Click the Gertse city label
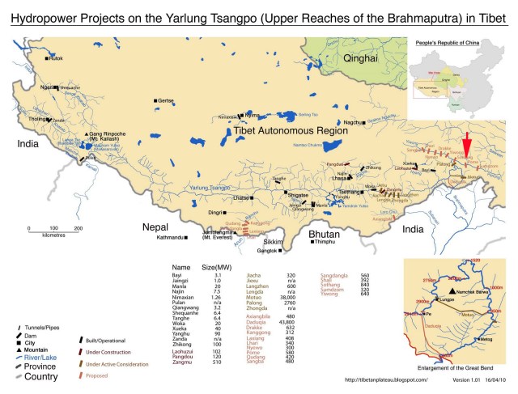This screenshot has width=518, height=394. tap(165, 100)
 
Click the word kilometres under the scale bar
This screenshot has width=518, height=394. tap(53, 239)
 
